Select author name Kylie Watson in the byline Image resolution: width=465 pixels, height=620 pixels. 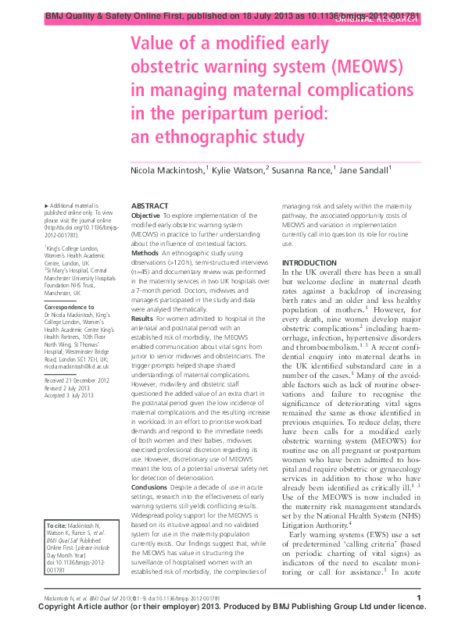point(238,169)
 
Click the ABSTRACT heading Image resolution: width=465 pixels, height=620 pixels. point(150,205)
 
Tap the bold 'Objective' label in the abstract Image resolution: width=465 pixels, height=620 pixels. point(146,215)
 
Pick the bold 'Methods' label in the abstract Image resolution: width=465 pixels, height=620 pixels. point(145,253)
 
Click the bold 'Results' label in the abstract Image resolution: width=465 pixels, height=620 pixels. point(143,319)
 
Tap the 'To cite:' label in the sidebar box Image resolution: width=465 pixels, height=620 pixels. point(59,526)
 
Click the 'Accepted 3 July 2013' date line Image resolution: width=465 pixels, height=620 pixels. point(70,394)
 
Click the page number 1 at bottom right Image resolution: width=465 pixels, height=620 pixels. point(419,598)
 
